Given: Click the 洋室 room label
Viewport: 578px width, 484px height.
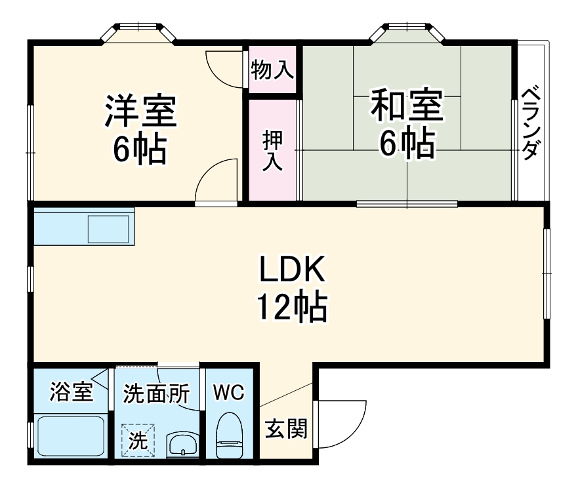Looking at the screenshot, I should [x=140, y=111].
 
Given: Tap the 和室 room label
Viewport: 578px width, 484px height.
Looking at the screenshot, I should [x=407, y=107].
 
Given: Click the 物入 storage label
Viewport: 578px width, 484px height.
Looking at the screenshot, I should [x=272, y=70].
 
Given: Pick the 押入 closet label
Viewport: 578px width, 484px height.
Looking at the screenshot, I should [x=272, y=151].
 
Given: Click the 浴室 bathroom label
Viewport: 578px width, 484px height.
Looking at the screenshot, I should [x=71, y=393].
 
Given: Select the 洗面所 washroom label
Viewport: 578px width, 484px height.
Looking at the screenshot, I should [x=157, y=394].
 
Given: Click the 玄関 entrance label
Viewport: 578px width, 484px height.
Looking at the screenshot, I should [x=286, y=430].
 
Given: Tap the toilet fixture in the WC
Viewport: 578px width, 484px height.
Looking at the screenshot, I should [x=229, y=436].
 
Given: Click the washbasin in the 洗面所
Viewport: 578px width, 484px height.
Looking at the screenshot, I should [x=182, y=446].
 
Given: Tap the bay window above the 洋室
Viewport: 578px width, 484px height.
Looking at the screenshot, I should [x=138, y=33].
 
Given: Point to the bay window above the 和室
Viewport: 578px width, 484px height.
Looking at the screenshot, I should [x=407, y=33].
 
